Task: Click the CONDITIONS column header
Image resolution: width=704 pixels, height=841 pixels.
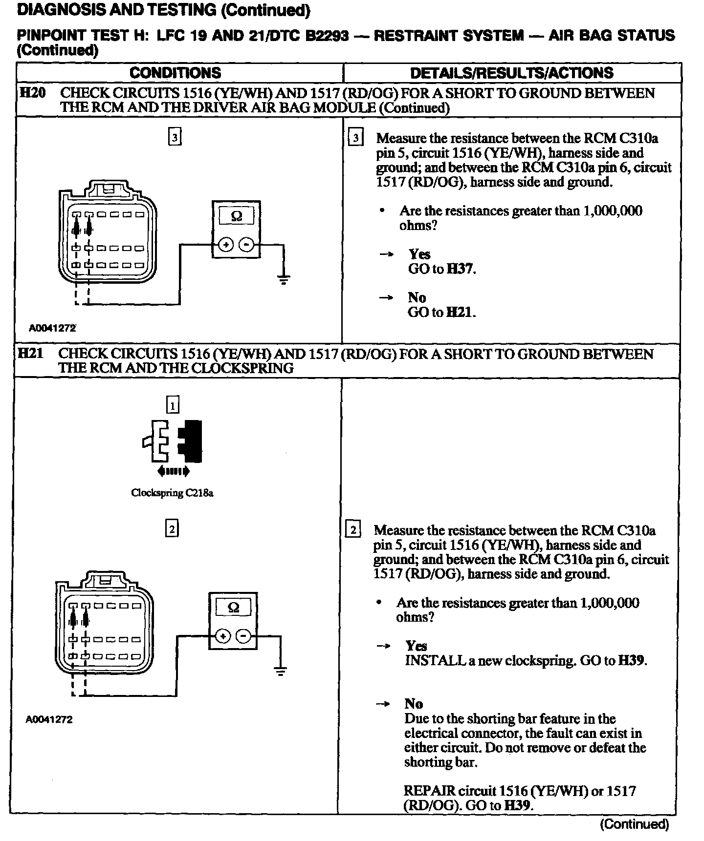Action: coord(175,73)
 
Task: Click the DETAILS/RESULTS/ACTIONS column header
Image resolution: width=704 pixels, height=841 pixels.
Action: coord(511,73)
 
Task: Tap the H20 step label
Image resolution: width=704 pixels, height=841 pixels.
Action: coord(31,93)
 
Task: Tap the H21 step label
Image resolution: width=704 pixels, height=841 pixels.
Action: coord(30,353)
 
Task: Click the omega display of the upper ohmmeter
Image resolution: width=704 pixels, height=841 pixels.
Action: coord(236,216)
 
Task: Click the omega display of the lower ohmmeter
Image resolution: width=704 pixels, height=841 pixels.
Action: coord(233,608)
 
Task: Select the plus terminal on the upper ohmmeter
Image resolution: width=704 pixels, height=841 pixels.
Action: coord(225,245)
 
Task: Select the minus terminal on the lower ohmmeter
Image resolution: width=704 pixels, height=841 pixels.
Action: coord(243,636)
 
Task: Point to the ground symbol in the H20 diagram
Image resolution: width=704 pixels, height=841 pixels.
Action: coord(283,279)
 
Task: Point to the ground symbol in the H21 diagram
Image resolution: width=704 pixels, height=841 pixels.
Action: coord(280,672)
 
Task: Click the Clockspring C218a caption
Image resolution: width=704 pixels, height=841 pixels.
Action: coord(172,493)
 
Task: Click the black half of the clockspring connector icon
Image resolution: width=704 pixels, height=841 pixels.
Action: coord(191,441)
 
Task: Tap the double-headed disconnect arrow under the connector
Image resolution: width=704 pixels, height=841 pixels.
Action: coord(173,471)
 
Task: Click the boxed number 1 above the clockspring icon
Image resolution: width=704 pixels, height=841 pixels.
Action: coord(173,404)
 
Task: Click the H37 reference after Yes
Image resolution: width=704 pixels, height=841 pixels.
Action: coord(461,269)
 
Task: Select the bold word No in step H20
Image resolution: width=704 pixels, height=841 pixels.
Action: coord(417,297)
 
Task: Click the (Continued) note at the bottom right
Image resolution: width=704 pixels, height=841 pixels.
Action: coord(634,824)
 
